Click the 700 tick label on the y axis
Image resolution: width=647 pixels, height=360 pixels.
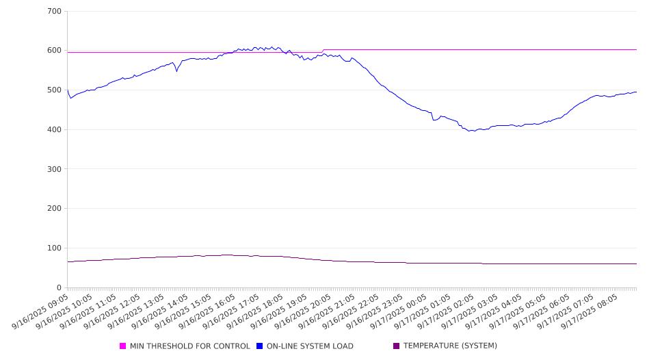(55, 12)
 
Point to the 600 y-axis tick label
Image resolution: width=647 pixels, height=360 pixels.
(55, 51)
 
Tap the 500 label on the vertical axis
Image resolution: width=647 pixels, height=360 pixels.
(55, 90)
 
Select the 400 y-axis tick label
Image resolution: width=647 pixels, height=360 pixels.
(55, 130)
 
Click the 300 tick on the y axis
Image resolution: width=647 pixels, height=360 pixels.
(55, 169)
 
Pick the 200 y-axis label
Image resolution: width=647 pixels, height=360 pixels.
(55, 209)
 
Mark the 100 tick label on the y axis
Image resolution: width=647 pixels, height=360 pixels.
(55, 248)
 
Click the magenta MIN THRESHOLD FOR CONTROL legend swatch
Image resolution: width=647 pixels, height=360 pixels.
(123, 346)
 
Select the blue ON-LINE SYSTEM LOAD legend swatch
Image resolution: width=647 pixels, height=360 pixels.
(260, 346)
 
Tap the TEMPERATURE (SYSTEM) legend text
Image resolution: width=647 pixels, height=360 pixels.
(450, 346)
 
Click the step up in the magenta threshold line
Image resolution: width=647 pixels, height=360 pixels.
(323, 51)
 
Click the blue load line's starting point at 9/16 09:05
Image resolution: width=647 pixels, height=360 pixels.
(68, 90)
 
